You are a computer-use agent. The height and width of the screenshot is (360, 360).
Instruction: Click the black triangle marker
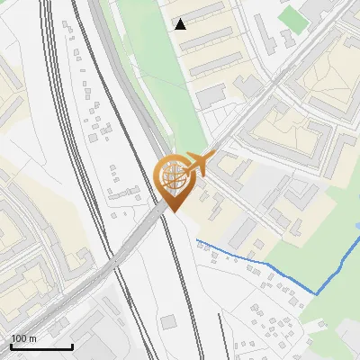point(181,23)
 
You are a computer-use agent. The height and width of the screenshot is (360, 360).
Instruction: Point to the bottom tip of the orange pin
point(174,212)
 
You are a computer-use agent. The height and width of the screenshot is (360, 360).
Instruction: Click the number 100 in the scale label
point(19,338)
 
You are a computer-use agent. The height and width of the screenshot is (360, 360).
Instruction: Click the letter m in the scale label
point(33,338)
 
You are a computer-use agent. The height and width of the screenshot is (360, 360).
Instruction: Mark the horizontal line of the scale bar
point(41,346)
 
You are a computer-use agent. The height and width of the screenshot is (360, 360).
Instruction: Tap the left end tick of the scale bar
point(11,345)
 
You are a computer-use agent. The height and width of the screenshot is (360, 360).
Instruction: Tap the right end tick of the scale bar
point(72,345)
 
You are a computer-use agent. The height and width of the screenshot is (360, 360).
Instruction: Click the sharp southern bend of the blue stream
point(317,293)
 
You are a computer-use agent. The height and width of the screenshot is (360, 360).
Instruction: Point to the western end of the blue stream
point(197,240)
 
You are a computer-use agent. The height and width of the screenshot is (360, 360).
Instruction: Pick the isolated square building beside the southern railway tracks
point(169,321)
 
